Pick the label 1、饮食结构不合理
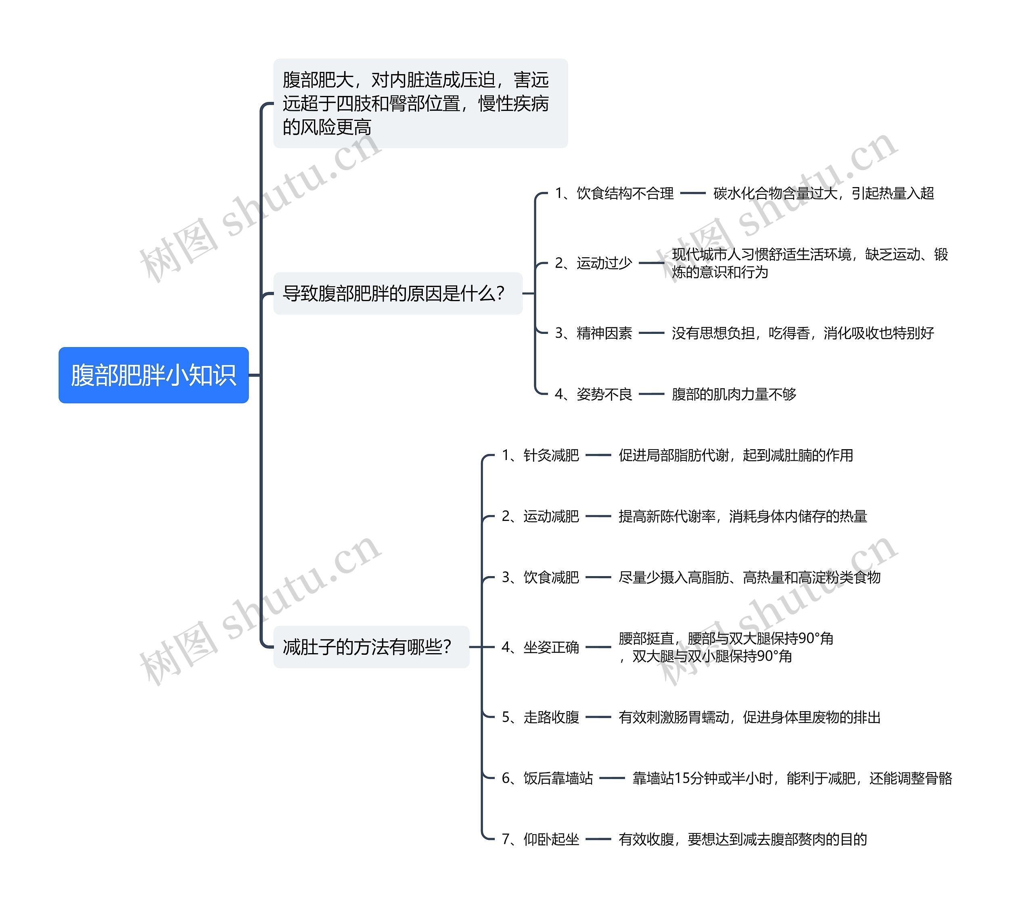[614, 194]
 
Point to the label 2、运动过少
[593, 263]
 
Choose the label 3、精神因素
[593, 333]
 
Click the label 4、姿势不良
[593, 394]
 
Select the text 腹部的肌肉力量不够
[734, 394]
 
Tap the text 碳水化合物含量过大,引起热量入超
[823, 194]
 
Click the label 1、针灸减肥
[540, 456]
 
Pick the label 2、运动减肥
[540, 516]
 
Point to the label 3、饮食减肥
[540, 577]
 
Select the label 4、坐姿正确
[540, 648]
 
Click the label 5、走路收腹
[540, 717]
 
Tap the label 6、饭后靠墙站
[547, 778]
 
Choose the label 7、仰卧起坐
[540, 839]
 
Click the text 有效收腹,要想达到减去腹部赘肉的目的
[742, 839]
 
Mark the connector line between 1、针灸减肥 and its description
[598, 456]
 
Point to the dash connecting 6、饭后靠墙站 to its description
[612, 778]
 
